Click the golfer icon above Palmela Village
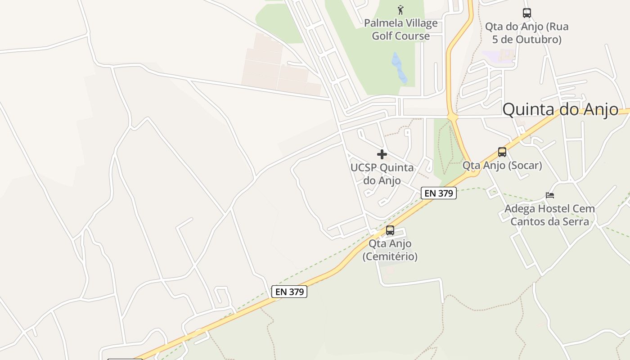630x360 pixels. pyautogui.click(x=400, y=9)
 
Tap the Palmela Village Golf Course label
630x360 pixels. pyautogui.click(x=400, y=29)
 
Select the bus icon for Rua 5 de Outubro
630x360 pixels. pyautogui.click(x=527, y=13)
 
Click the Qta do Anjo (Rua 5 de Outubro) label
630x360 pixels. pyautogui.click(x=526, y=33)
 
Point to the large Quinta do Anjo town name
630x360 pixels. pyautogui.click(x=560, y=109)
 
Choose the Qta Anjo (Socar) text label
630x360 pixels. pyautogui.click(x=502, y=165)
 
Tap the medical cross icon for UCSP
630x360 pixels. pyautogui.click(x=382, y=154)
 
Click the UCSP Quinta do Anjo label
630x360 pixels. pyautogui.click(x=382, y=174)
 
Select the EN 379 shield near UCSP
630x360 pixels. pyautogui.click(x=439, y=193)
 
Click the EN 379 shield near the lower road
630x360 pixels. pyautogui.click(x=289, y=292)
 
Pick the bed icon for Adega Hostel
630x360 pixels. pyautogui.click(x=550, y=195)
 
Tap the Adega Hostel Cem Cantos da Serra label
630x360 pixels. pyautogui.click(x=549, y=215)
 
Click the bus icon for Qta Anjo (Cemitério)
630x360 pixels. pyautogui.click(x=390, y=230)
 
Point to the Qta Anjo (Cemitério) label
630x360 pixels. pyautogui.click(x=390, y=250)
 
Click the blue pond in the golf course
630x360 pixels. pyautogui.click(x=399, y=67)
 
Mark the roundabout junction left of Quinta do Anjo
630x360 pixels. pyautogui.click(x=452, y=117)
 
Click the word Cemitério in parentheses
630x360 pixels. pyautogui.click(x=390, y=256)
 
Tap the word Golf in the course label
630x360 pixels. pyautogui.click(x=382, y=36)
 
